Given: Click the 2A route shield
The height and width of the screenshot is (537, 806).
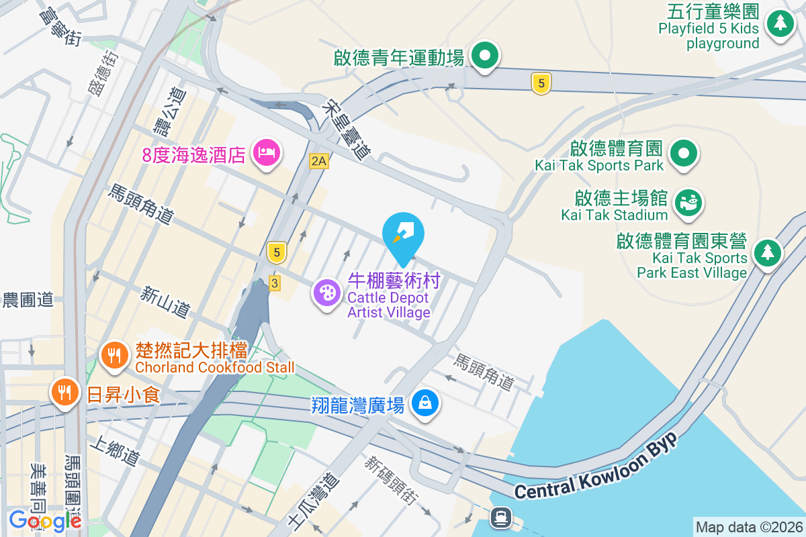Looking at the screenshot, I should click(x=318, y=161).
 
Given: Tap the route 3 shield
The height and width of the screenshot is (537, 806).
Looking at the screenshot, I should click(x=274, y=283).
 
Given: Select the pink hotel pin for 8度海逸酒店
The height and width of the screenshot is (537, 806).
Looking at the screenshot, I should click(x=266, y=153).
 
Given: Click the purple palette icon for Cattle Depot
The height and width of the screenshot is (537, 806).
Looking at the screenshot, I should click(x=327, y=293).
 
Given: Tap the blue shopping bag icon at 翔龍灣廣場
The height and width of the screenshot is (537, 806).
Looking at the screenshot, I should click(x=425, y=403).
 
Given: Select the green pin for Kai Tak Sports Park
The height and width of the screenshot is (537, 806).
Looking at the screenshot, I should click(x=684, y=152).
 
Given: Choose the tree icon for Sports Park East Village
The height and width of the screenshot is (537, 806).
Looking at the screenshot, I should click(x=766, y=253).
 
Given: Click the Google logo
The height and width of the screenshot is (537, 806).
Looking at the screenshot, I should click(x=44, y=520).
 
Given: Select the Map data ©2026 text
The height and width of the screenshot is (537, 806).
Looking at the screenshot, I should click(x=749, y=527).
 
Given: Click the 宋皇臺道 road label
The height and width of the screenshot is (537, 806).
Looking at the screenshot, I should click(x=346, y=130).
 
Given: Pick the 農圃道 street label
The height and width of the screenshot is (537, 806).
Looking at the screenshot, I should click(x=28, y=299).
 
